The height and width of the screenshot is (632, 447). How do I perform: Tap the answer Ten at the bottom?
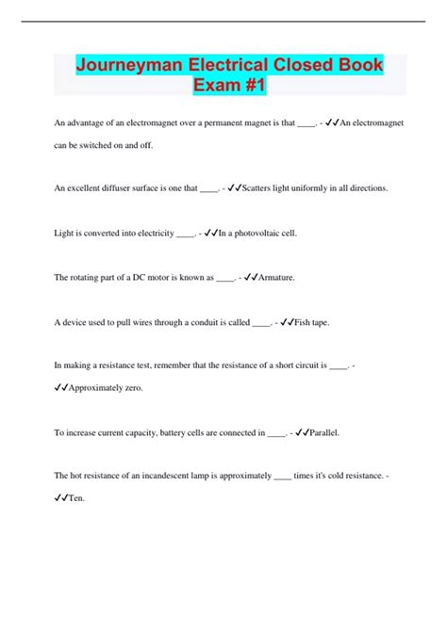pyautogui.click(x=77, y=499)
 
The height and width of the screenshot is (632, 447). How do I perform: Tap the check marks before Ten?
pyautogui.click(x=62, y=499)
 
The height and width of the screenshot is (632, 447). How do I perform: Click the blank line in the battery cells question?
pyautogui.click(x=276, y=434)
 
